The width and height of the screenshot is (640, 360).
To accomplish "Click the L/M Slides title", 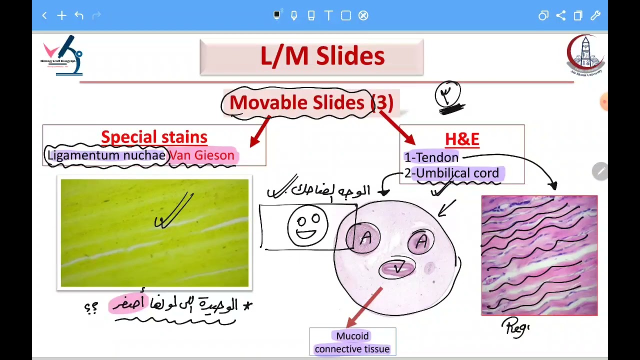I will pyautogui.click(x=322, y=56).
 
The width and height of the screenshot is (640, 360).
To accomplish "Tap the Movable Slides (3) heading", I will pyautogui.click(x=311, y=103).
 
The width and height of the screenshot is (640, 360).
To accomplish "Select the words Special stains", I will pyautogui.click(x=154, y=137).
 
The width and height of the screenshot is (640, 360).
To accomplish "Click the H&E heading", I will pyautogui.click(x=462, y=139).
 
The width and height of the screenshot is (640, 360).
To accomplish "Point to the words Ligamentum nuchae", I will pyautogui.click(x=106, y=155).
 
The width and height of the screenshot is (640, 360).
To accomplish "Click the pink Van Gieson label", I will pyautogui.click(x=202, y=155).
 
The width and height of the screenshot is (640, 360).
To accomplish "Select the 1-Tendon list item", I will pyautogui.click(x=431, y=157).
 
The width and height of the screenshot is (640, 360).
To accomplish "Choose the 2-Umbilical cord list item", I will pyautogui.click(x=451, y=173).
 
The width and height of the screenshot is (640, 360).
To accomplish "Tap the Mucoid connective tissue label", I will pyautogui.click(x=352, y=342).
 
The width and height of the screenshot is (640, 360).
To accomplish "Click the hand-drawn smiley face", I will pyautogui.click(x=307, y=226).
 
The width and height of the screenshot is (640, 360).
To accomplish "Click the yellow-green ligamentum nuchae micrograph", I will pyautogui.click(x=154, y=233).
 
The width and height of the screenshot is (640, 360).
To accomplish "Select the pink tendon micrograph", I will pyautogui.click(x=539, y=255).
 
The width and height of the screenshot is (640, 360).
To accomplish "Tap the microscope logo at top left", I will pyautogui.click(x=62, y=55).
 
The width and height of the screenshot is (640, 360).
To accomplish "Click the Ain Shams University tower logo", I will pyautogui.click(x=585, y=54).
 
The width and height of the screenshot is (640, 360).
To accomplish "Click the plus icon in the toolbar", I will pyautogui.click(x=61, y=15).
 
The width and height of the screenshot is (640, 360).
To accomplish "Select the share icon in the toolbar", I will pyautogui.click(x=560, y=15).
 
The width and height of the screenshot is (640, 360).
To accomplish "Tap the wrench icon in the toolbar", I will pyautogui.click(x=595, y=15).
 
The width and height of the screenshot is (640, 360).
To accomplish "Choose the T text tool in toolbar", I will pyautogui.click(x=328, y=15).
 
